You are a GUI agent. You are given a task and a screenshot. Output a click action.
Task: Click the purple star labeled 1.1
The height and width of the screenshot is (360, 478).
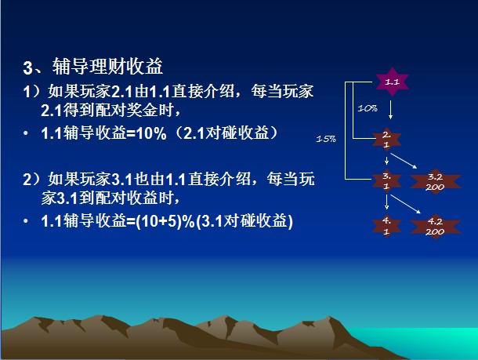point(392,82)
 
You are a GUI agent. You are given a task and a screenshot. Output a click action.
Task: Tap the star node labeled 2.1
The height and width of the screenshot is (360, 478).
point(386,140)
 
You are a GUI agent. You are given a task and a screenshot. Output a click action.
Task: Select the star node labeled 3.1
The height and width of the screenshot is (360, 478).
point(386,181)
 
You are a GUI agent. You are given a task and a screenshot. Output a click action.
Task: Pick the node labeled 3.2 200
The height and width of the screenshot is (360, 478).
point(436,182)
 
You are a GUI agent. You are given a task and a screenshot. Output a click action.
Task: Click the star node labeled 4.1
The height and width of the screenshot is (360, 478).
point(386,226)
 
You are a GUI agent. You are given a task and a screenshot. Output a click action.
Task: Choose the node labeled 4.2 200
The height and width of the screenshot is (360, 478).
point(436,227)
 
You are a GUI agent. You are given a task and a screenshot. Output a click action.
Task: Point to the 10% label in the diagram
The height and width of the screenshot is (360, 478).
point(368,108)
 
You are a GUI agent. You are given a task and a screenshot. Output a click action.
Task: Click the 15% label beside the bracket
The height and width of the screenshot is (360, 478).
point(326,139)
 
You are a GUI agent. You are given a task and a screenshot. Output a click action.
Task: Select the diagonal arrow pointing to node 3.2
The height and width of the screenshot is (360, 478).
point(404,161)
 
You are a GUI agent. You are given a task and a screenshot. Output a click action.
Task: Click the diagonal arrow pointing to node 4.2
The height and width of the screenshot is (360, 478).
point(405,204)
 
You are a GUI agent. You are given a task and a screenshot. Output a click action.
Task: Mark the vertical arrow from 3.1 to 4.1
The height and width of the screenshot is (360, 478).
point(386,202)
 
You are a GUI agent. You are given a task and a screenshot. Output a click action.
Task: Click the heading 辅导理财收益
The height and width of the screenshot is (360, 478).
point(107,66)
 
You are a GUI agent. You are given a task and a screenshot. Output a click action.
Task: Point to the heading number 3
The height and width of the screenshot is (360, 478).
point(27,67)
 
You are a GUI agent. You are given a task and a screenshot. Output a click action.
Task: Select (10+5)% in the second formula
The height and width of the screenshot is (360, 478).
point(165,221)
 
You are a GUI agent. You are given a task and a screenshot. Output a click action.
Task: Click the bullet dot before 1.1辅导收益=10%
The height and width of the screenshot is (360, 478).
point(26,133)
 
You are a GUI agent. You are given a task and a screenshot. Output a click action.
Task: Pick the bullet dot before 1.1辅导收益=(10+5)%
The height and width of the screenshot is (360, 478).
point(26,221)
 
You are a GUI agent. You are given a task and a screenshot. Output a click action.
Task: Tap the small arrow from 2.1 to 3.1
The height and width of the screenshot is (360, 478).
point(386,160)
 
